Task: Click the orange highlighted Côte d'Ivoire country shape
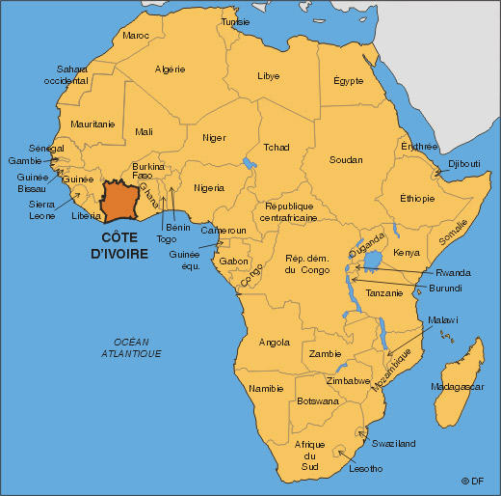[120, 198]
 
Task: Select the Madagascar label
[456, 386]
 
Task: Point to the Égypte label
[349, 80]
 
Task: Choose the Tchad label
[277, 148]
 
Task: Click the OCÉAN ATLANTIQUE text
[131, 348]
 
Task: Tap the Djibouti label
[464, 164]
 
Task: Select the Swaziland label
[395, 443]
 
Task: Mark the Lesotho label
[365, 468]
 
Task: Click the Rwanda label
[452, 272]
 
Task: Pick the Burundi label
[446, 288]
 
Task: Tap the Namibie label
[266, 388]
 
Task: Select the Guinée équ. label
[184, 261]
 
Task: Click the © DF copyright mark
[473, 481]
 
